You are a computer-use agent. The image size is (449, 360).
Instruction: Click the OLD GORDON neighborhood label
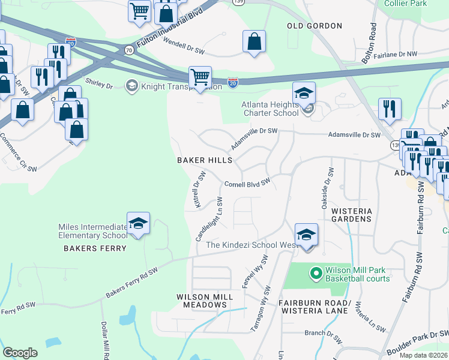(315, 26)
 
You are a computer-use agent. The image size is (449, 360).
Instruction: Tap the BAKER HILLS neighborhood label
(204, 161)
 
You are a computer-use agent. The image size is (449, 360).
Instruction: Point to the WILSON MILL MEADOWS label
(202, 301)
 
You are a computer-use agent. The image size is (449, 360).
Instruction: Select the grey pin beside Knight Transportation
(130, 86)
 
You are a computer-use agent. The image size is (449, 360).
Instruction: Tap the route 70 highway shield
(129, 50)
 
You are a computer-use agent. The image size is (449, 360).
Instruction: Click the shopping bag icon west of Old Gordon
(254, 41)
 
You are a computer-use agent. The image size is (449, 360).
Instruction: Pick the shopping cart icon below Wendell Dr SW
(200, 76)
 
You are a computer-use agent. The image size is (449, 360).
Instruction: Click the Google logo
(20, 353)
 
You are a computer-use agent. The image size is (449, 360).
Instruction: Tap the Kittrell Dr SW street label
(200, 190)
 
